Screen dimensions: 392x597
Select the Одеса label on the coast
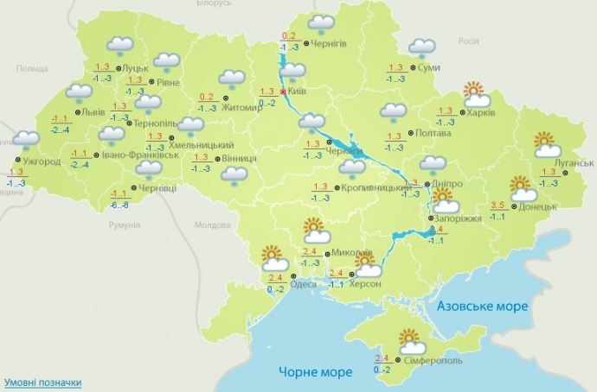303,284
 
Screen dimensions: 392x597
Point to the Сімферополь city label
437,359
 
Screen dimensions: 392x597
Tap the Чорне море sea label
315,372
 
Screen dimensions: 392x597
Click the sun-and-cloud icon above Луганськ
545,144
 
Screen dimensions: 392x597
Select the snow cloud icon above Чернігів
322,24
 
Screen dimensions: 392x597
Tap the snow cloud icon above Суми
422,48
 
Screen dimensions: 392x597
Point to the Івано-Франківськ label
135,155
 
